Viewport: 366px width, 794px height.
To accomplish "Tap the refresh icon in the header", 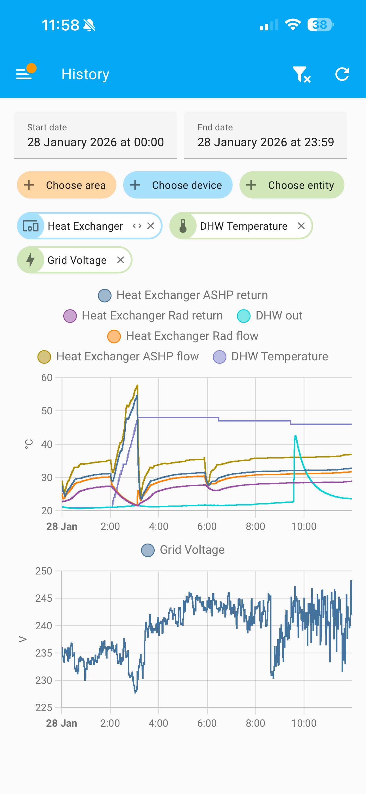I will [342, 74].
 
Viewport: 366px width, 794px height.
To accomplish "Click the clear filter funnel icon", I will [301, 74].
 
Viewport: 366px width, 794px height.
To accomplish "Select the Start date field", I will [95, 136].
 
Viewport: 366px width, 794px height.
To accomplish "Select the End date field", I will [265, 136].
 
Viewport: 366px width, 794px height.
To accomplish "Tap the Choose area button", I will [67, 185].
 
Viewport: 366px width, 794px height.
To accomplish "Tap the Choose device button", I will [178, 185].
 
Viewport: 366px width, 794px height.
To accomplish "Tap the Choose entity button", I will [291, 185].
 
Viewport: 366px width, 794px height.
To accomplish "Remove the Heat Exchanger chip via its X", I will [151, 226].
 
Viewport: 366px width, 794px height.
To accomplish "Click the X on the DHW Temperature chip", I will [301, 226].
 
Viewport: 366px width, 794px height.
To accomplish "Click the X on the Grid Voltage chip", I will [121, 260].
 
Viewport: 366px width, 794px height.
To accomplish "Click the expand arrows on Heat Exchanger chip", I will [137, 226].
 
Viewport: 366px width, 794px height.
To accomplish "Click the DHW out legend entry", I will [270, 315].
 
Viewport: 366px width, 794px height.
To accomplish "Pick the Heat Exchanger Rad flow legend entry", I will [183, 336].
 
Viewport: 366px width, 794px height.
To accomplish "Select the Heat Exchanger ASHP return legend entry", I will [183, 295].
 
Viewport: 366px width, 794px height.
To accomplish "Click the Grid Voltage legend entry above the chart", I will [183, 550].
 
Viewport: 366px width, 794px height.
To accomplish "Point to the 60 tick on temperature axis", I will [47, 378].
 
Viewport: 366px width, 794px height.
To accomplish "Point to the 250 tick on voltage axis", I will [44, 571].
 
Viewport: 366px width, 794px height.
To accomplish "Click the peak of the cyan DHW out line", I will [295, 436].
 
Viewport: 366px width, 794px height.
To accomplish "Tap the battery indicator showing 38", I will [320, 25].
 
